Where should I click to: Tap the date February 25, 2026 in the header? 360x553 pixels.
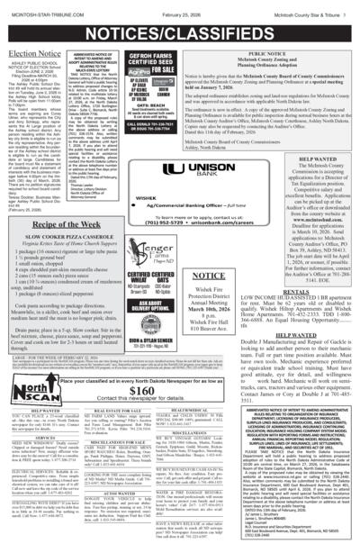[181, 7]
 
